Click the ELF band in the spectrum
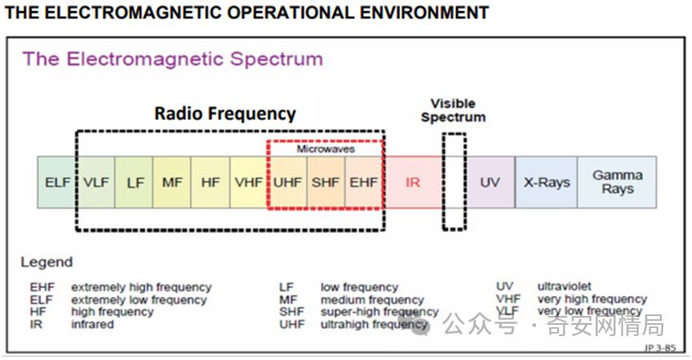[58, 182]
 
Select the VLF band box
[96, 182]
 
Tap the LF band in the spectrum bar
[134, 182]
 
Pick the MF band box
[173, 182]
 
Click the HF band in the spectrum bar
[210, 182]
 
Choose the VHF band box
[249, 182]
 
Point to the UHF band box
[287, 182]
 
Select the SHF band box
[326, 182]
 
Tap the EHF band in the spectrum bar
[363, 182]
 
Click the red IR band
[413, 182]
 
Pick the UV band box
[490, 182]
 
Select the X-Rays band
[547, 182]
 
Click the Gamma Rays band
[618, 182]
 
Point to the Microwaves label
[326, 149]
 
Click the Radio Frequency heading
[225, 114]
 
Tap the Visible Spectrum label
[453, 110]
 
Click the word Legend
[46, 262]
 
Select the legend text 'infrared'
[93, 325]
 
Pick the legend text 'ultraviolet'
[565, 286]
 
